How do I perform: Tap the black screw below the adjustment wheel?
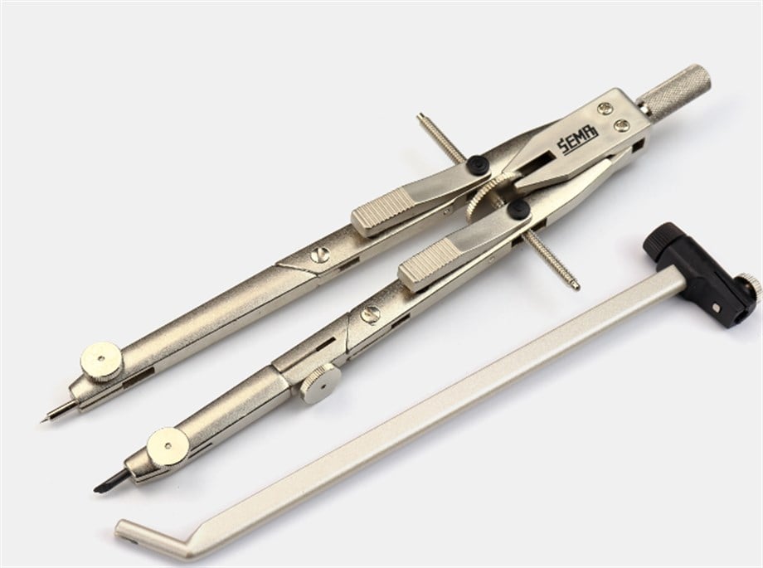tap(518, 209)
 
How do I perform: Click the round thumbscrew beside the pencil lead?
tap(168, 447)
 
